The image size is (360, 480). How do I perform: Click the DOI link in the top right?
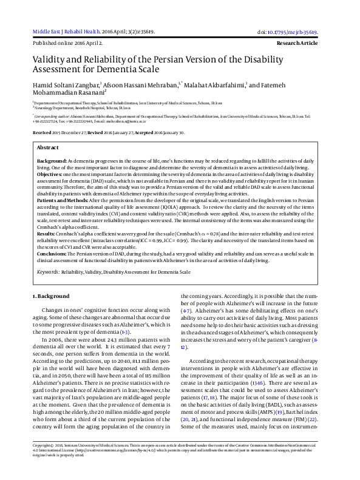(292, 32)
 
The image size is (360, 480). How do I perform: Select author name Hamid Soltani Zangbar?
(68, 86)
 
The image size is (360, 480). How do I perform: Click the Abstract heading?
(48, 147)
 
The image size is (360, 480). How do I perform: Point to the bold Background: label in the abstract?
(52, 160)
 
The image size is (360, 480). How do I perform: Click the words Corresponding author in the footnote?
(53, 114)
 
